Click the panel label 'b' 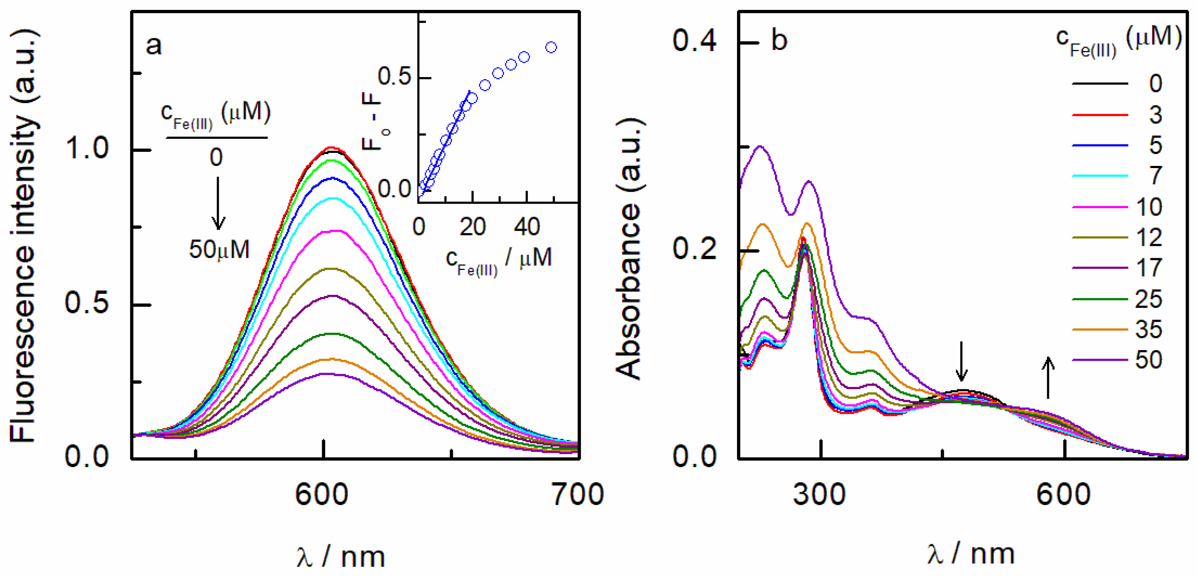click(x=779, y=41)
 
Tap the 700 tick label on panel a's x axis click(x=577, y=494)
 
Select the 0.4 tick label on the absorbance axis click(x=694, y=41)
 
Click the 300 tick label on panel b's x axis click(x=819, y=494)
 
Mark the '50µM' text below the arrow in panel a click(x=219, y=250)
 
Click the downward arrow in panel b click(x=961, y=362)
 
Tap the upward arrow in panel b click(x=1048, y=378)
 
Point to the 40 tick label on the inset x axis click(x=527, y=227)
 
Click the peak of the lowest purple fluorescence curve click(x=328, y=373)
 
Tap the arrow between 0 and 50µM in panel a click(x=218, y=203)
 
